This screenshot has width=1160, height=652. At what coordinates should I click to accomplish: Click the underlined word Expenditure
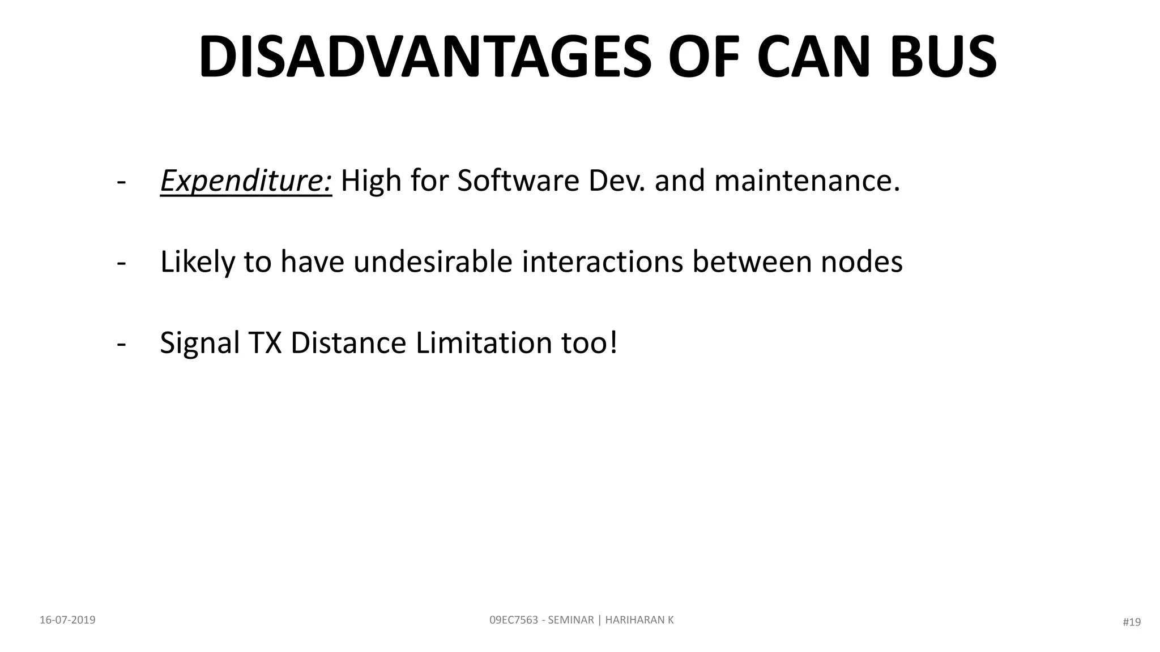246,182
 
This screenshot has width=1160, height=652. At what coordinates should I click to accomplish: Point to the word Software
518,182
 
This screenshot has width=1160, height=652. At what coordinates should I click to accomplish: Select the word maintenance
807,182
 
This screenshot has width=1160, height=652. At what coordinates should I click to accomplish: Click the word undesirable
433,262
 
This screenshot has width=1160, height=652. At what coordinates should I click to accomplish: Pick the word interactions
603,262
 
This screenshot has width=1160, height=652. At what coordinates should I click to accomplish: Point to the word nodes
862,262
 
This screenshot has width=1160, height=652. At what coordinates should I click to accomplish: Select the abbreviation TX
265,344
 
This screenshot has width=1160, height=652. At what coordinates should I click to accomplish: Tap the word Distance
348,344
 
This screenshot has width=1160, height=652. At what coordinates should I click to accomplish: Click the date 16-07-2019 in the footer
67,620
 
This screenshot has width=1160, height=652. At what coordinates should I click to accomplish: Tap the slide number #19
1131,623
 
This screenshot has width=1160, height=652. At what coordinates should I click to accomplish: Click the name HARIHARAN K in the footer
639,620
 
